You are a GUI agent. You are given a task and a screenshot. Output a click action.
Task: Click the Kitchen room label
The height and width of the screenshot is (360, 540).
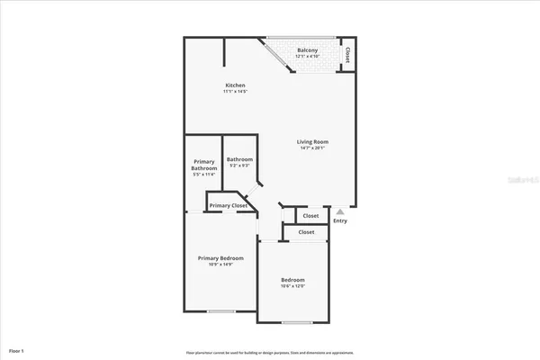(x=235, y=85)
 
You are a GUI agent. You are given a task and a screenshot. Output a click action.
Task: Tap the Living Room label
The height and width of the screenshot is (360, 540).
(x=313, y=141)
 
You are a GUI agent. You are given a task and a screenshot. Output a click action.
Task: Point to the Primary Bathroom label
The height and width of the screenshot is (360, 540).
(x=204, y=165)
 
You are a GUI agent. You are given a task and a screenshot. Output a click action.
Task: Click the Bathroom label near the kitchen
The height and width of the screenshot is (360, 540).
(x=239, y=159)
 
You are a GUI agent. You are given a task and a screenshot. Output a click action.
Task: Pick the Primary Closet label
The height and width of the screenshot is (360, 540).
(x=228, y=206)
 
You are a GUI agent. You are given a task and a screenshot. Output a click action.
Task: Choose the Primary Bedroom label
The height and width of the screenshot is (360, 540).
(x=221, y=258)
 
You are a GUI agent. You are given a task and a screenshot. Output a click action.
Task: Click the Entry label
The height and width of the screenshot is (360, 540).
(x=339, y=220)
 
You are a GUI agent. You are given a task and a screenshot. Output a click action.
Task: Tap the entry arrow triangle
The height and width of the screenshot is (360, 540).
(x=339, y=211)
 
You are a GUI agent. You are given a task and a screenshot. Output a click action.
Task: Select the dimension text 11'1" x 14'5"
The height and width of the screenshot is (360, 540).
(x=235, y=92)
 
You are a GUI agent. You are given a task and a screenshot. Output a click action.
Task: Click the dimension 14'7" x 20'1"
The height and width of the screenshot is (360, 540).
(x=313, y=148)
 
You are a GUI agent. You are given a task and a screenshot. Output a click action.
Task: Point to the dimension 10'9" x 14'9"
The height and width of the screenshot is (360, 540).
(x=221, y=265)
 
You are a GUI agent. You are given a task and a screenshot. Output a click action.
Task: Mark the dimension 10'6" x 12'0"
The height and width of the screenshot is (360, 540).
(x=292, y=286)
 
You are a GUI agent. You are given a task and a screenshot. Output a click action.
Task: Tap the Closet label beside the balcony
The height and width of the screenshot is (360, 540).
(x=347, y=56)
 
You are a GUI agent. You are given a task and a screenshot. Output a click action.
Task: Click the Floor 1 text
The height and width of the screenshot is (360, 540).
(x=16, y=349)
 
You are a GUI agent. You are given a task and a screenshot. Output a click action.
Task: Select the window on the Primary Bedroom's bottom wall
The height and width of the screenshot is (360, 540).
(x=221, y=311)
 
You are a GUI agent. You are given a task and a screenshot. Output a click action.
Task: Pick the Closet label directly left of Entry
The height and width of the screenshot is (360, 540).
(x=310, y=216)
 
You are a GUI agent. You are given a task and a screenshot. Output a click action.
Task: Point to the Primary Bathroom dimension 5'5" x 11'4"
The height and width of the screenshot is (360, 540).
(x=204, y=175)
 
